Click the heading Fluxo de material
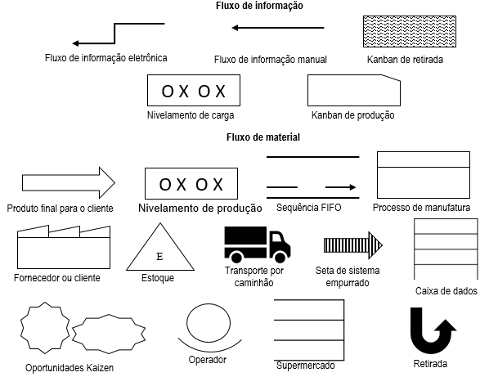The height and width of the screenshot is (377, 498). [x=262, y=137]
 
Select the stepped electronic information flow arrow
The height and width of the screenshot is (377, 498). [x=118, y=34]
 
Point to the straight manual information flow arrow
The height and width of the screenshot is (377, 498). [x=277, y=28]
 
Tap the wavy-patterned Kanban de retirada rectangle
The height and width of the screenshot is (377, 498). [x=398, y=33]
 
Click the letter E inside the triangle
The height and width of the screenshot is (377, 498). [x=159, y=256]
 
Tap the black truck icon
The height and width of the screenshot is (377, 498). [x=258, y=245]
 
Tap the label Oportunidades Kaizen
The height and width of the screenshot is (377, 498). [x=70, y=367]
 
